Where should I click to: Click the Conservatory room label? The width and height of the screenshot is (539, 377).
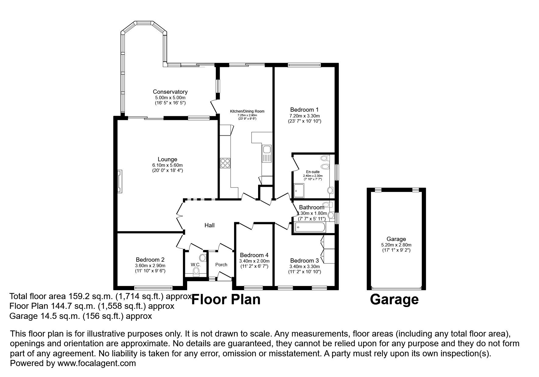click(170, 92)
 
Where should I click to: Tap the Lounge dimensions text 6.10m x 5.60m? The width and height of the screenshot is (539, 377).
click(167, 165)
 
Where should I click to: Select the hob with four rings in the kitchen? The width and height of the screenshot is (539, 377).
click(225, 163)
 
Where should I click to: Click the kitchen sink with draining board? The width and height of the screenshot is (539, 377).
click(267, 154)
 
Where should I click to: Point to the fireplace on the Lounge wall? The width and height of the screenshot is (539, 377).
click(120, 181)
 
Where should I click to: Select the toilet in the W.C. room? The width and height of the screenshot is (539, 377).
click(196, 272)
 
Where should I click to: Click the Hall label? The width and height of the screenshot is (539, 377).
click(209, 225)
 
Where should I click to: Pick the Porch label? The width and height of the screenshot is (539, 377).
click(221, 264)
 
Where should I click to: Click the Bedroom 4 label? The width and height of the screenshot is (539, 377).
click(254, 255)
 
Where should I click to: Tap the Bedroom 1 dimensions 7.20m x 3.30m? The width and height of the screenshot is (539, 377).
click(304, 116)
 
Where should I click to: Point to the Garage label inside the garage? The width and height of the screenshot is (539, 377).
click(396, 239)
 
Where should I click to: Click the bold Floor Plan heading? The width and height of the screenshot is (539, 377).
click(226, 299)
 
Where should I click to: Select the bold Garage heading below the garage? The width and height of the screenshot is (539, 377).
click(394, 299)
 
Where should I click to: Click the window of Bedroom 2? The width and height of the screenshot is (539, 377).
click(153, 288)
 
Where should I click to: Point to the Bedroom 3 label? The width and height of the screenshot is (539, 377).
click(304, 260)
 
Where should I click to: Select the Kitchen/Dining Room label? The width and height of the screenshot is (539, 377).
click(247, 111)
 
